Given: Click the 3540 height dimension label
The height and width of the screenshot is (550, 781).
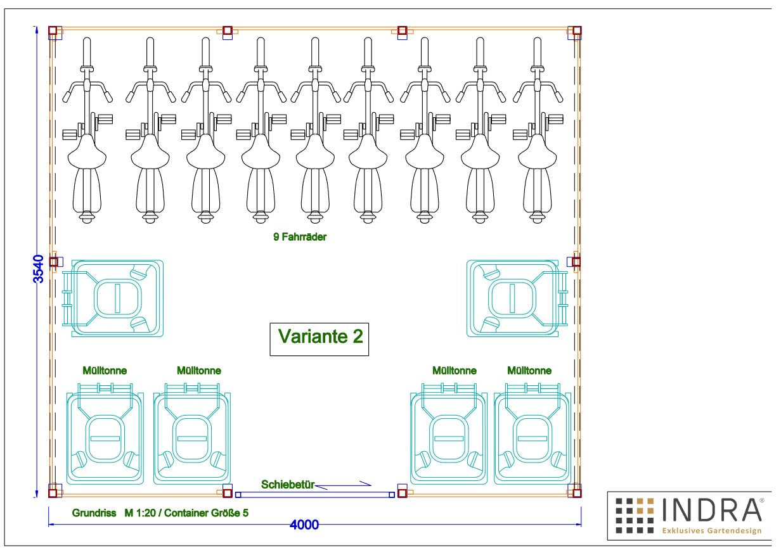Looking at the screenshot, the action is [38, 269].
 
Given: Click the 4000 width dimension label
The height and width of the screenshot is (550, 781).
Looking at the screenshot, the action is [304, 525].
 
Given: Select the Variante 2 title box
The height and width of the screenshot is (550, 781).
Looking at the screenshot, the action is [319, 339].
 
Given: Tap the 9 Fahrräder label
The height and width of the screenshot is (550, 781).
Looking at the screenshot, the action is [300, 237].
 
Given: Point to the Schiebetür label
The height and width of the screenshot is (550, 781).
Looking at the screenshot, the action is [288, 485].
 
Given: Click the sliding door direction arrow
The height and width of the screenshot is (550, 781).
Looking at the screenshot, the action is [344, 485].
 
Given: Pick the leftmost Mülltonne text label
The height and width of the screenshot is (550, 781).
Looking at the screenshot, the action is [105, 371].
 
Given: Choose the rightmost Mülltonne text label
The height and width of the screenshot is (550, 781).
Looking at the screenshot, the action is [529, 371].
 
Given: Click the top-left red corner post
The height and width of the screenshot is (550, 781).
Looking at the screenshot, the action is [53, 30].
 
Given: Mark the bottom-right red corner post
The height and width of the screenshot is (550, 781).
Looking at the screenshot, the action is [577, 493].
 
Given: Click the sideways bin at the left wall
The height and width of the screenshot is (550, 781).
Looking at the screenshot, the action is [113, 298].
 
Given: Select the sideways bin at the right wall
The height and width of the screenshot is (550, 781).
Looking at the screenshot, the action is [517, 298].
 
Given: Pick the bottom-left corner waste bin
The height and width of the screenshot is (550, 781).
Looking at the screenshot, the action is [105, 434].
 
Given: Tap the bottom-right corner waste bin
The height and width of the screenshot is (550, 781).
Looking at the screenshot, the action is [532, 434].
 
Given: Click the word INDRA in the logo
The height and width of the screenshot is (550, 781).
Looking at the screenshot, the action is [712, 509].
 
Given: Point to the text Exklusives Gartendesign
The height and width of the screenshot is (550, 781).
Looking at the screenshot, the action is [712, 530].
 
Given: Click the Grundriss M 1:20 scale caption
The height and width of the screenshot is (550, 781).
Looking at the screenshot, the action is [160, 513].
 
